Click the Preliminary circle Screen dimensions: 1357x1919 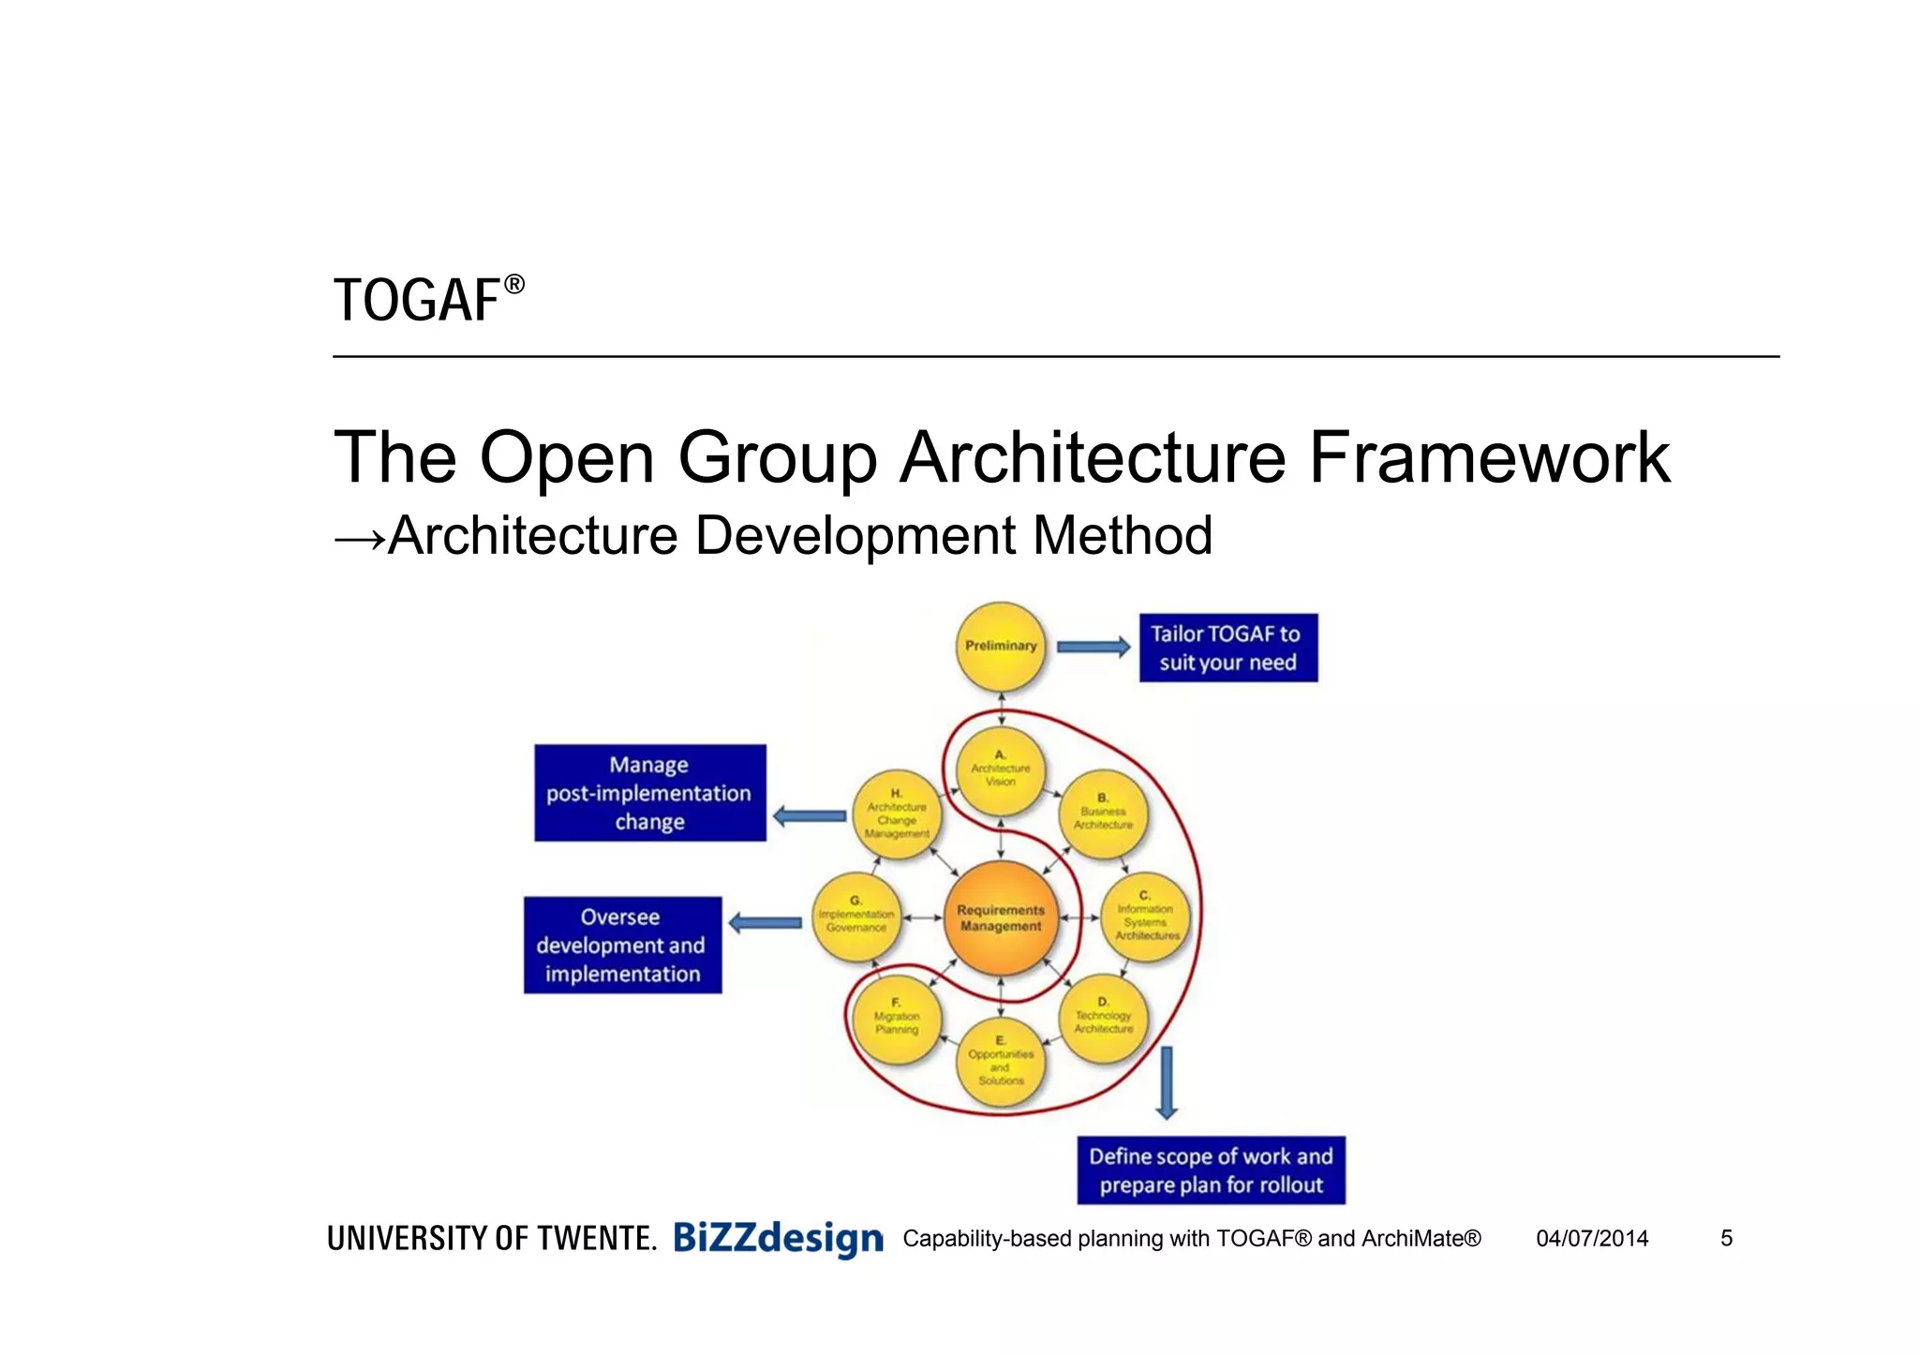[1001, 647]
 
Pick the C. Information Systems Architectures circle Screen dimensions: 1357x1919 [1145, 917]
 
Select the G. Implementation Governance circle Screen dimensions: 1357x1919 [855, 917]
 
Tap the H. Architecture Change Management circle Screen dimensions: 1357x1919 [897, 815]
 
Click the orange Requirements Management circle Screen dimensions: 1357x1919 [1001, 918]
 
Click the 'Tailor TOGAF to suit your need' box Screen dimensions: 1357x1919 [1227, 648]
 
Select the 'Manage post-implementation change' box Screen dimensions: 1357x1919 [649, 793]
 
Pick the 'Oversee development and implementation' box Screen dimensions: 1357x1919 [622, 945]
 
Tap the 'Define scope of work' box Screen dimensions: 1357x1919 [1211, 1170]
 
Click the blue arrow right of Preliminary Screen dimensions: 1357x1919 [1093, 647]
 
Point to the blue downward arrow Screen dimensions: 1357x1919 [1167, 1083]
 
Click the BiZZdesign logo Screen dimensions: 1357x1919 [778, 1239]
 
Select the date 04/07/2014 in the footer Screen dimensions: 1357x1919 [1591, 1239]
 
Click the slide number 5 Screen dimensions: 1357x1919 [1726, 1239]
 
